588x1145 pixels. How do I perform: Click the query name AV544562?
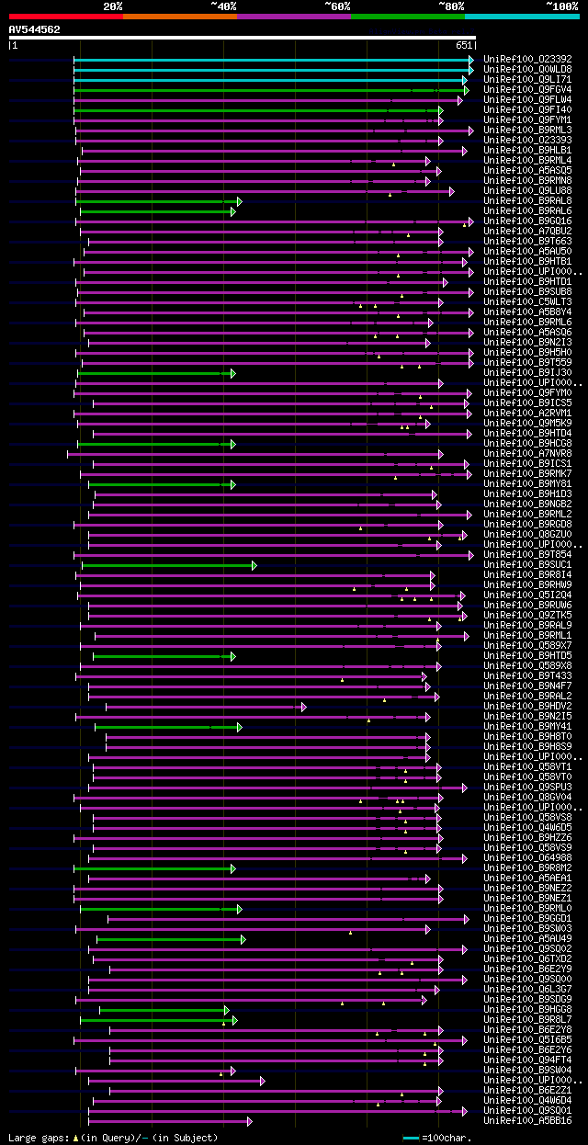pyautogui.click(x=35, y=29)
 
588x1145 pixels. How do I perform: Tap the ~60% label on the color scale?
pyautogui.click(x=338, y=6)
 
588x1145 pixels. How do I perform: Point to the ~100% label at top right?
pyautogui.click(x=561, y=6)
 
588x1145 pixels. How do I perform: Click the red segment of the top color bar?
pyautogui.click(x=65, y=17)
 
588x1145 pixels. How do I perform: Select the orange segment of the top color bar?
pyautogui.click(x=179, y=17)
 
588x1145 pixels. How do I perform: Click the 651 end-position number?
pyautogui.click(x=464, y=45)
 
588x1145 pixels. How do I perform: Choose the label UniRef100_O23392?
pyautogui.click(x=527, y=59)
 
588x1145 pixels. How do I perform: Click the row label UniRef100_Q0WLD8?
pyautogui.click(x=527, y=69)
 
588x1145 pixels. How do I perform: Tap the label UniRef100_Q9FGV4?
pyautogui.click(x=527, y=89)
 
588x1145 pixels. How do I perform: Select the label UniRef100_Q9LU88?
pyautogui.click(x=527, y=190)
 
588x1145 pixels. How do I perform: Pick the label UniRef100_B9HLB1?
pyautogui.click(x=527, y=150)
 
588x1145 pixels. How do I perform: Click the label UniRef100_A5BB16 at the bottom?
pyautogui.click(x=527, y=1120)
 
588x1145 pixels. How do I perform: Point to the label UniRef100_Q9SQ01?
pyautogui.click(x=527, y=1110)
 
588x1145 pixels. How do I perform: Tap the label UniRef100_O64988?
pyautogui.click(x=527, y=857)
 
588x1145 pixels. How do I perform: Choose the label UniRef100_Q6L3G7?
pyautogui.click(x=527, y=989)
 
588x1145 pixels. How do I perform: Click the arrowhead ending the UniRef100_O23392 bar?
pyautogui.click(x=471, y=60)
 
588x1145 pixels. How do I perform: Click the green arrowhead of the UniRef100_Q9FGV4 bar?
pyautogui.click(x=467, y=90)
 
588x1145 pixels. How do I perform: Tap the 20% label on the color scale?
pyautogui.click(x=113, y=6)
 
